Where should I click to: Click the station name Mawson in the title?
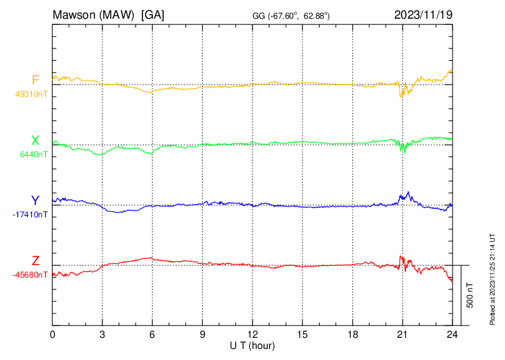pyautogui.click(x=76, y=15)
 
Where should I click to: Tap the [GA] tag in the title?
pyautogui.click(x=153, y=15)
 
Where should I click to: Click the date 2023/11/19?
pyautogui.click(x=423, y=15)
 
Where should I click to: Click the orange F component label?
pyautogui.click(x=35, y=80)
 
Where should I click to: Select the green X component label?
pyautogui.click(x=35, y=141)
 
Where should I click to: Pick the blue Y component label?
pyautogui.click(x=35, y=201)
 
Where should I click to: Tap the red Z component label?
pyautogui.click(x=35, y=260)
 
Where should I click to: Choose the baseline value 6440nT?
pyautogui.click(x=32, y=154)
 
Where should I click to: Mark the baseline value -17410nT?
pyautogui.click(x=29, y=215)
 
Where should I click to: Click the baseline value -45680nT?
pyautogui.click(x=29, y=275)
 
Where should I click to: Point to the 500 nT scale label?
pyautogui.click(x=470, y=295)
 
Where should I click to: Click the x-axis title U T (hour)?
pyautogui.click(x=252, y=345)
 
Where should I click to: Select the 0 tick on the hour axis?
pyautogui.click(x=53, y=334)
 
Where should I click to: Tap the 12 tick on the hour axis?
pyautogui.click(x=252, y=334)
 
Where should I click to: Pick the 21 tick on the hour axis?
pyautogui.click(x=402, y=334)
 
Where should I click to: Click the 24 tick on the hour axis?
pyautogui.click(x=452, y=334)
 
